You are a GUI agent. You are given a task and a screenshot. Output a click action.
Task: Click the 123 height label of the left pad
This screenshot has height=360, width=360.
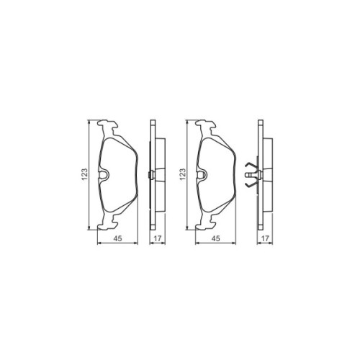point(85,174)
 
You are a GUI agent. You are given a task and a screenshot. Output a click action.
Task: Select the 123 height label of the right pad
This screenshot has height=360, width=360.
point(184,174)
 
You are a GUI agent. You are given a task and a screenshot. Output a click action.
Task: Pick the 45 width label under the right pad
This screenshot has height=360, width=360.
point(214,241)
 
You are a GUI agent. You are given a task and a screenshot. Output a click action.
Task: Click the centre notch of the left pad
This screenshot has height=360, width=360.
point(104,174)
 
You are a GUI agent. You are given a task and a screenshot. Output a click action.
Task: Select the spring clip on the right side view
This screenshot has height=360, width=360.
point(250,174)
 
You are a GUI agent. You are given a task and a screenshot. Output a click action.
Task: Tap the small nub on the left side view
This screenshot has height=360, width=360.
point(148,174)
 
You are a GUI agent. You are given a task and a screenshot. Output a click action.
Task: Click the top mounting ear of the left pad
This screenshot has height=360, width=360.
point(109,127)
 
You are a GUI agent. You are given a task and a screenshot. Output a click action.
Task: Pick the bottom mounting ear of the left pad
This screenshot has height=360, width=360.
point(109,221)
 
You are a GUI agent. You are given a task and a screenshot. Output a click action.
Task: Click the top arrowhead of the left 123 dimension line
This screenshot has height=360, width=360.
point(89,122)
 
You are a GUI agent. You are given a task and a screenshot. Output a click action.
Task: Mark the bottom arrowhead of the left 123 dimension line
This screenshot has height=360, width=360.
point(89,228)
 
